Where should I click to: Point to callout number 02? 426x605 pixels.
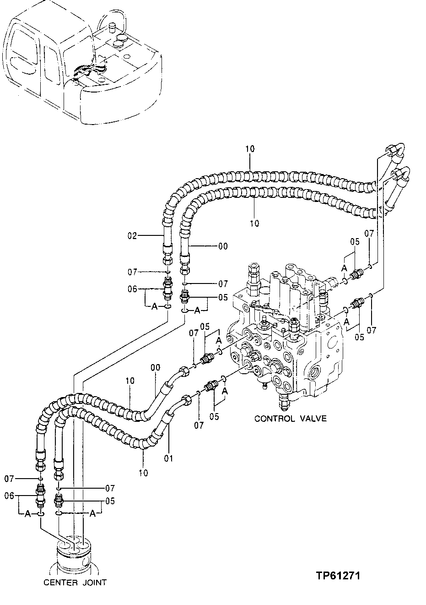132,236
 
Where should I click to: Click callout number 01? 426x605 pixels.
169,458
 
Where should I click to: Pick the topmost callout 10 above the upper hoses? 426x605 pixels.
250,149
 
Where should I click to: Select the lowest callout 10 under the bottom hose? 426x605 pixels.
143,473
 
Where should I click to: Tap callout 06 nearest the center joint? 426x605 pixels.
8,495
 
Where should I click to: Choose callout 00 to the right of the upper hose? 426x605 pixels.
222,246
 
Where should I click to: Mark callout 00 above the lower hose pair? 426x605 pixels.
156,367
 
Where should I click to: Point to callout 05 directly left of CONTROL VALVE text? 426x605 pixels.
214,416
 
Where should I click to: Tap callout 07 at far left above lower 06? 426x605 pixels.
9,479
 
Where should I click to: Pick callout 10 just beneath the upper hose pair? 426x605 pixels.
254,223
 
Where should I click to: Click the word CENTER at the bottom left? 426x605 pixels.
59,583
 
